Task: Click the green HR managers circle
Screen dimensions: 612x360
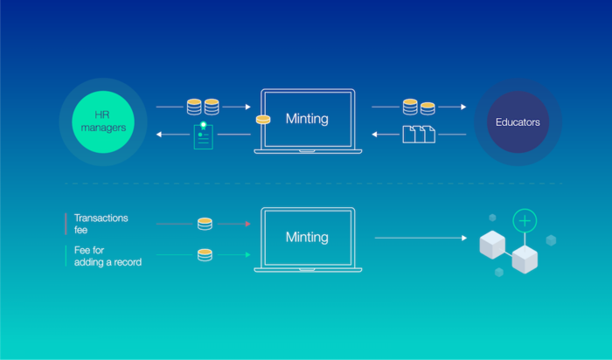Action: pyautogui.click(x=103, y=121)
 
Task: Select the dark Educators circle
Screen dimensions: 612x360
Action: pyautogui.click(x=518, y=122)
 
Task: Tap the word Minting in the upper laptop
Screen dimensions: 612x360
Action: pyautogui.click(x=307, y=119)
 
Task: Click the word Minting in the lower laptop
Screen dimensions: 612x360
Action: pyautogui.click(x=307, y=237)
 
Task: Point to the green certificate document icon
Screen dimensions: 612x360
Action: pyautogui.click(x=204, y=135)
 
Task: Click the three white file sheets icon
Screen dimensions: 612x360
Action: pyautogui.click(x=419, y=135)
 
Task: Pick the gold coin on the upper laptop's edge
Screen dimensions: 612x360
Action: pyautogui.click(x=263, y=120)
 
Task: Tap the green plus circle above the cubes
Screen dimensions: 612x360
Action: pyautogui.click(x=525, y=221)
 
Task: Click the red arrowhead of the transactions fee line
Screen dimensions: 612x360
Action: pyautogui.click(x=247, y=224)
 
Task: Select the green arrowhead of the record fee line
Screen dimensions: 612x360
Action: pyautogui.click(x=247, y=254)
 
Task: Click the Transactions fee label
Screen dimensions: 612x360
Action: pyautogui.click(x=101, y=224)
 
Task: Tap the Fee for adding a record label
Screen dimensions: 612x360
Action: pyautogui.click(x=108, y=256)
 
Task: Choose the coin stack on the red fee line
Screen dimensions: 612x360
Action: pyautogui.click(x=205, y=224)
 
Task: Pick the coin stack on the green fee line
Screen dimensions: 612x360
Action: pyautogui.click(x=205, y=254)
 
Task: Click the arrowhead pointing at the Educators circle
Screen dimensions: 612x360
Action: pyautogui.click(x=463, y=107)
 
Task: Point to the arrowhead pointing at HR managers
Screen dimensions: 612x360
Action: pyautogui.click(x=159, y=135)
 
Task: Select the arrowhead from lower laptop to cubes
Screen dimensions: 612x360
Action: pyautogui.click(x=464, y=238)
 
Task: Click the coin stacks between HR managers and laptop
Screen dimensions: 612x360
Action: pyautogui.click(x=203, y=107)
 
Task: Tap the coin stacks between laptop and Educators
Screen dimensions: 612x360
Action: pyautogui.click(x=419, y=107)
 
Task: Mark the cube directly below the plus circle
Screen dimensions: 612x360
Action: pyautogui.click(x=525, y=260)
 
